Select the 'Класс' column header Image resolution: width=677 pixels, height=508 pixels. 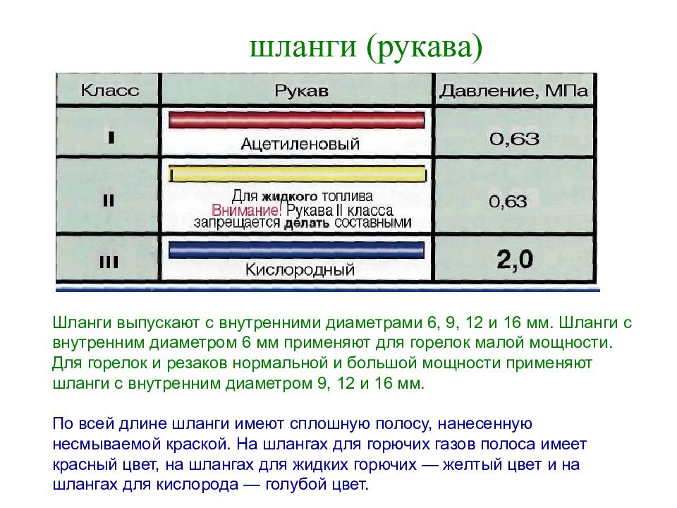click(x=109, y=92)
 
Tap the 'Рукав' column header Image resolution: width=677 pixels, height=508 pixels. click(x=300, y=92)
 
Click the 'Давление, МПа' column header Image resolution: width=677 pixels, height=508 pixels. click(x=514, y=92)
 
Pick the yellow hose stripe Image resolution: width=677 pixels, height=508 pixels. click(x=297, y=174)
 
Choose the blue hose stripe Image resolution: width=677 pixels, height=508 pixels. click(x=297, y=249)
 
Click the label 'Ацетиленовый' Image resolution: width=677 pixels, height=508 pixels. click(x=300, y=144)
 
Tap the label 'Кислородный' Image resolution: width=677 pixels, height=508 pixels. click(x=300, y=270)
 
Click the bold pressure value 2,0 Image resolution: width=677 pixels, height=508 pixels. click(x=515, y=260)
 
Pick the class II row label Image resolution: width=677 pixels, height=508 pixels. click(x=109, y=200)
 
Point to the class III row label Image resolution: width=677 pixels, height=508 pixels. click(x=109, y=263)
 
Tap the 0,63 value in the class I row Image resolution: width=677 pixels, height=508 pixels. click(x=515, y=139)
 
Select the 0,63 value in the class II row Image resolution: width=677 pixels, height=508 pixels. click(x=508, y=202)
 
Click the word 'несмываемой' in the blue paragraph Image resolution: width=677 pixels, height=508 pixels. click(x=95, y=445)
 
